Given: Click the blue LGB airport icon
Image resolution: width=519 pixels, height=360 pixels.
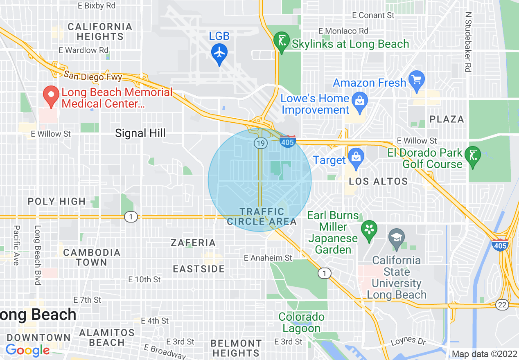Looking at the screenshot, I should (x=219, y=53).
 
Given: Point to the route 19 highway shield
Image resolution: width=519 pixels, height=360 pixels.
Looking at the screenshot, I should (x=260, y=143).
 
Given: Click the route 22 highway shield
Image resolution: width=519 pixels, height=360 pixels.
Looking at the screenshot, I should (x=502, y=304).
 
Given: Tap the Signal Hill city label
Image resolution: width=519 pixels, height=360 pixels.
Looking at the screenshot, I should (x=140, y=133).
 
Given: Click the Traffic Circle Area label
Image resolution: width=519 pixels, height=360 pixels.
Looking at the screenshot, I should (x=262, y=216).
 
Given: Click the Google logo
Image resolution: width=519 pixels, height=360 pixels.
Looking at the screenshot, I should (x=27, y=350).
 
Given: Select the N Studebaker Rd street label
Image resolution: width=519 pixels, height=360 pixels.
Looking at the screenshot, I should (x=468, y=41).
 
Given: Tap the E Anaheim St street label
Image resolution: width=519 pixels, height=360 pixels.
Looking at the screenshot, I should (x=268, y=258).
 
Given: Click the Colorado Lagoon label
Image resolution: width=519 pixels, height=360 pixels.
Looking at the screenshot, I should (x=301, y=323).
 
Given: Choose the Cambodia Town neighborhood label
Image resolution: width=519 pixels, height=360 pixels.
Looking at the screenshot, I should (x=92, y=257).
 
